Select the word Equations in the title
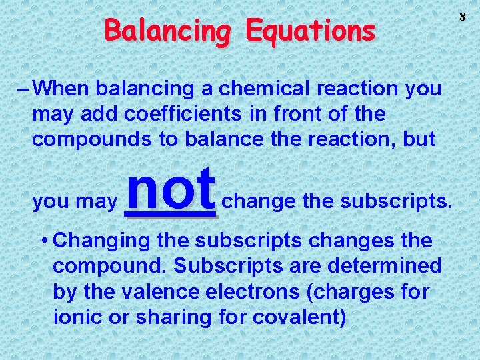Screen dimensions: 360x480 309,31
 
